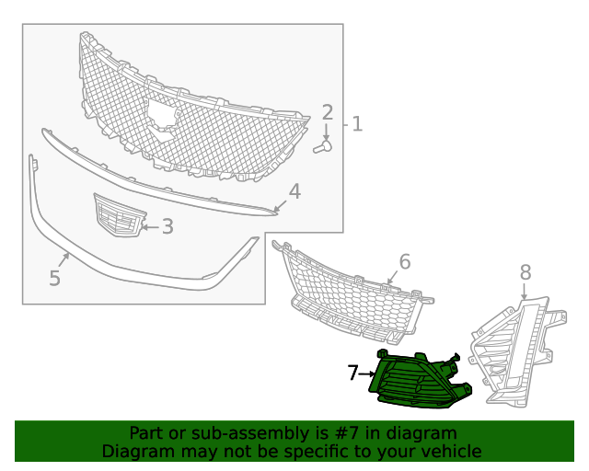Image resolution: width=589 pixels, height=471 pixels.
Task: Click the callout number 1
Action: pos(357,123)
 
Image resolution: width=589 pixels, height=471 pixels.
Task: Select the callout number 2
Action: pos(327,113)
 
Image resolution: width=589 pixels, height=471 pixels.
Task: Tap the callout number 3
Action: pos(167,226)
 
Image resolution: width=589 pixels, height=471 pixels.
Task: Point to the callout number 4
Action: pos(294,191)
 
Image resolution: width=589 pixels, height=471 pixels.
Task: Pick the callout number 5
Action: pos(54,278)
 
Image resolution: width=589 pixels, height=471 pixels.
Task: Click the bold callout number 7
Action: pos(352,373)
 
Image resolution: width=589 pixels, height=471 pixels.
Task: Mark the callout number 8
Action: pos(525,272)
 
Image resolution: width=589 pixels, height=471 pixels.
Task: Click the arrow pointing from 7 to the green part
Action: pos(367,374)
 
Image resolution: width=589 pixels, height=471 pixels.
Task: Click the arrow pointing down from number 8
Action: pos(525,293)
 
